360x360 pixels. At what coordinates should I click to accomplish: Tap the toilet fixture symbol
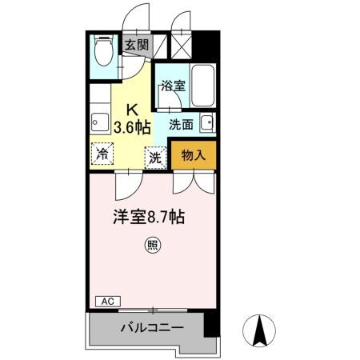102,53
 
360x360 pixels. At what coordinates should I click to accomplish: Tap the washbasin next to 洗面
207,123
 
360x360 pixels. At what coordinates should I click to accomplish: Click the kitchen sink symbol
99,122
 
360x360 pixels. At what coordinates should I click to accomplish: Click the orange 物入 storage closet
194,156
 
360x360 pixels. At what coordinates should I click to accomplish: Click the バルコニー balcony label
152,328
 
